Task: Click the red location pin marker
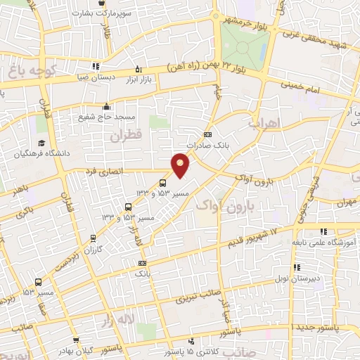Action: click(181, 165)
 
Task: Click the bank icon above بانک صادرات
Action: click(207, 135)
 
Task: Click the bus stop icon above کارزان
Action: click(94, 238)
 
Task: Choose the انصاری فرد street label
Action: click(105, 171)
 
